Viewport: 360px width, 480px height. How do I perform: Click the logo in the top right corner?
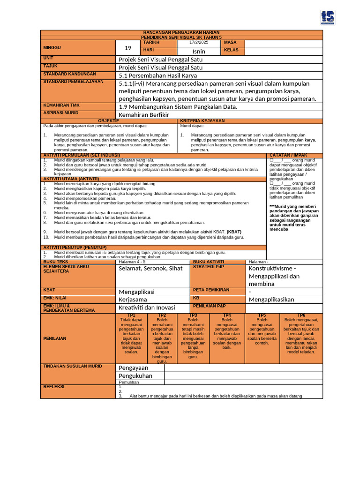[x=328, y=17]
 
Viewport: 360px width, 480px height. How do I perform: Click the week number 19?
[x=128, y=48]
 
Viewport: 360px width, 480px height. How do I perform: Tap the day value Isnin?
[x=199, y=51]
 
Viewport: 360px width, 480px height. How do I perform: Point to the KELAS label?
[x=231, y=50]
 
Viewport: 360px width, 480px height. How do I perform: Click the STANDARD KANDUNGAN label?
[x=69, y=74]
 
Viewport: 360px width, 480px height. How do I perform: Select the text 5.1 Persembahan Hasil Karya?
[x=158, y=75]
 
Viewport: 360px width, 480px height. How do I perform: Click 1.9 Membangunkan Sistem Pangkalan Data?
[x=178, y=106]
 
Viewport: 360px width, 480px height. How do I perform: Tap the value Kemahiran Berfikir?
[x=144, y=115]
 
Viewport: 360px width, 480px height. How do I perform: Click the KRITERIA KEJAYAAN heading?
[x=202, y=121]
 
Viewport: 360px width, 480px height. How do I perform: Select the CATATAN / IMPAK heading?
[x=288, y=155]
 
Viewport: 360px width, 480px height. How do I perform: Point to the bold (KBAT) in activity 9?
[x=235, y=232]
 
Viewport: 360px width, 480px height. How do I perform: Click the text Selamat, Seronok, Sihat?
[x=150, y=269]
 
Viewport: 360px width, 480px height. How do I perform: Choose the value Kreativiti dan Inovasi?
[x=147, y=307]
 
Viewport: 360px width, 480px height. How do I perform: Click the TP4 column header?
[x=227, y=315]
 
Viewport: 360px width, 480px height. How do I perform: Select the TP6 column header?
[x=301, y=315]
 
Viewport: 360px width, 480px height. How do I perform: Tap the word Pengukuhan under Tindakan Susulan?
[x=135, y=376]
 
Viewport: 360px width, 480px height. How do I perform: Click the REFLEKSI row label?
[x=53, y=387]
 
